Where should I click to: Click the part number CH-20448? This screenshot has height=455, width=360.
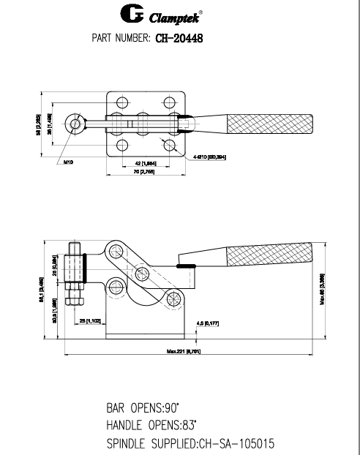(179, 37)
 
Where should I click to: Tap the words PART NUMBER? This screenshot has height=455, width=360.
(121, 37)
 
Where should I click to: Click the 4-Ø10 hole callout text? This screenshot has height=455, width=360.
(209, 157)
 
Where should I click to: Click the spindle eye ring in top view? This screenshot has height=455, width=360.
(75, 123)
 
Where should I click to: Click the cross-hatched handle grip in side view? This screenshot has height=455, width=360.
(271, 256)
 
